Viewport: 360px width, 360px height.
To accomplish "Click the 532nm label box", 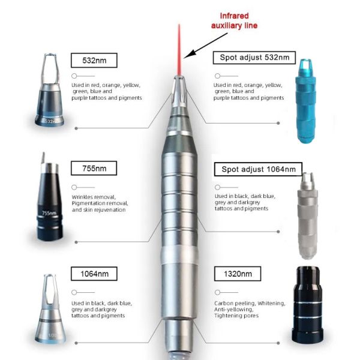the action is [94, 61].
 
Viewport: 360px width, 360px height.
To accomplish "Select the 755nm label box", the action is [94, 168].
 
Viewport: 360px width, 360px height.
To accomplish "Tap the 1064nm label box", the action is [94, 274].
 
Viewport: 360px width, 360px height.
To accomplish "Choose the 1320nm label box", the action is [238, 274].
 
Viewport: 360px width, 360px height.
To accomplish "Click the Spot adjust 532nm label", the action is [254, 58].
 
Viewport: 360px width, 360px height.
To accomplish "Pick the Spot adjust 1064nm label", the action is [258, 169].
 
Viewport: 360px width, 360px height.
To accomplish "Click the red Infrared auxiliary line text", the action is [234, 20].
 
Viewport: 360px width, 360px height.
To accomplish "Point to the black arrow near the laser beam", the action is [205, 46].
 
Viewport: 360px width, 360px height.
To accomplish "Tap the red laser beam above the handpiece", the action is [179, 49].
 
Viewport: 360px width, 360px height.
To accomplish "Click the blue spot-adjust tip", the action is [305, 101].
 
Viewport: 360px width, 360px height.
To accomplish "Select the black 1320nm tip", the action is [307, 305].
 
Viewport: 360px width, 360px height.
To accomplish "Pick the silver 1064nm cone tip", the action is [50, 309].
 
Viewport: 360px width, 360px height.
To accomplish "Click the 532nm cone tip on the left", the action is [50, 90].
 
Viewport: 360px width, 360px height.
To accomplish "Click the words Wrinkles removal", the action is [94, 197].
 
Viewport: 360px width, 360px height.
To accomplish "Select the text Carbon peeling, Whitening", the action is [250, 303].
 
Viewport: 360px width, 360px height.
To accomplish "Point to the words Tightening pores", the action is [236, 316].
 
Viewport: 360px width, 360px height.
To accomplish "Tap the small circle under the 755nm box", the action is [74, 187].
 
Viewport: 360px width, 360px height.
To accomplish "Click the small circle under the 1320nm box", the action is [217, 292].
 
